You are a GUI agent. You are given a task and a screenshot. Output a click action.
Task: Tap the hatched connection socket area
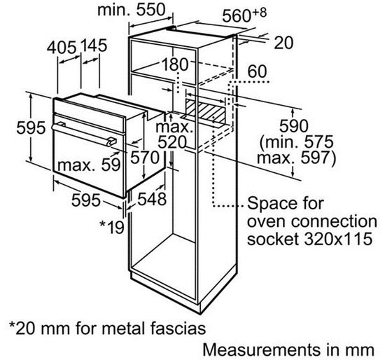206,110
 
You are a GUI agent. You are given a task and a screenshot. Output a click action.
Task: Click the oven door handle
83,134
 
